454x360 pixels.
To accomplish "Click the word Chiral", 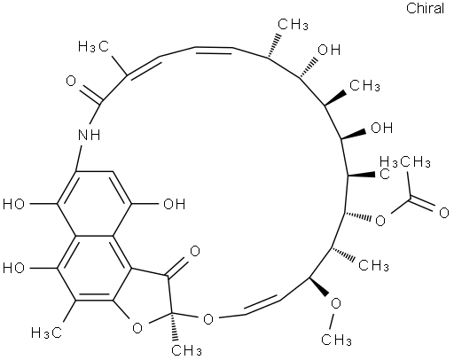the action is coord(425,8).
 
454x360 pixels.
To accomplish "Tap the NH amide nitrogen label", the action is coord(89,135).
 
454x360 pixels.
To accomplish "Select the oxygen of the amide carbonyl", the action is coord(71,81).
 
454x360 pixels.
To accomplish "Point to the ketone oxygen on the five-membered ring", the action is coord(194,251).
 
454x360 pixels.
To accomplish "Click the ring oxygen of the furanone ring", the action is coord(137,328).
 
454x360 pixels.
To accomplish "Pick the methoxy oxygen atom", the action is coord(336,303).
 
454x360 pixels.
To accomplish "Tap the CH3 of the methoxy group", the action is coord(336,340).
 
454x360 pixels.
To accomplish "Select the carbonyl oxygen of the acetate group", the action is coord(443,213).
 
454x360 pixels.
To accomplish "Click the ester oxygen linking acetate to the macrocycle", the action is coord(380,221).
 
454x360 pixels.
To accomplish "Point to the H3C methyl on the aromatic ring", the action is coord(47,333).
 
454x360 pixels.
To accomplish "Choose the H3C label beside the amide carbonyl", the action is coord(93,46).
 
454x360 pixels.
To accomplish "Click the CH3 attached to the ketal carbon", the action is coord(187,349).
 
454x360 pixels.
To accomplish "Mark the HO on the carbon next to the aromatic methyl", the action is coord(13,268).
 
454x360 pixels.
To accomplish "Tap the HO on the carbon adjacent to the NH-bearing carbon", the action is coord(13,204).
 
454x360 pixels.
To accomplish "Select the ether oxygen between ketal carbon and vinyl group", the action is coord(208,319).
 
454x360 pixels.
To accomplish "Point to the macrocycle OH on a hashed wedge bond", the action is coord(329,50).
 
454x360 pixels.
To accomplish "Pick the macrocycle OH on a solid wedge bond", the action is coord(381,128).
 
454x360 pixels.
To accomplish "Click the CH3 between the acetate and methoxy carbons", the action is coord(373,265).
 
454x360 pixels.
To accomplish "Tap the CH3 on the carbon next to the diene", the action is coord(294,24).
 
